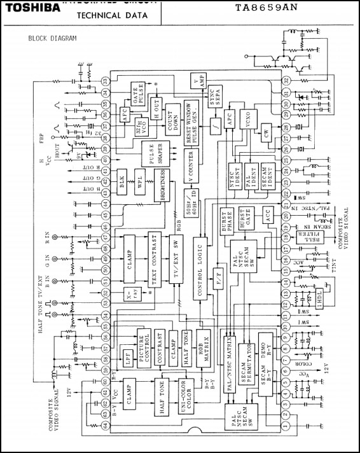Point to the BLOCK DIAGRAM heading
point(52,38)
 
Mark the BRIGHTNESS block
point(163,185)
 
